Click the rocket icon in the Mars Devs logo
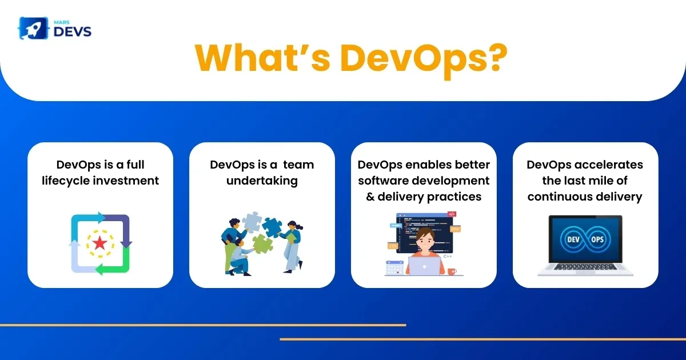[x=33, y=28]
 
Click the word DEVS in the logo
[x=73, y=31]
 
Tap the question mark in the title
[x=494, y=58]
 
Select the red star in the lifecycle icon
[x=100, y=243]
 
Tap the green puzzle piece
[x=262, y=243]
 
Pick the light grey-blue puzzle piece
[x=252, y=222]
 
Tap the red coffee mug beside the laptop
[x=452, y=271]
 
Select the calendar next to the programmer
[x=394, y=267]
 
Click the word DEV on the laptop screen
[x=573, y=239]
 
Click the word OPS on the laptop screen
[x=597, y=239]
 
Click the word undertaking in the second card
[x=262, y=181]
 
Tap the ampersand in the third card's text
[x=370, y=197]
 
